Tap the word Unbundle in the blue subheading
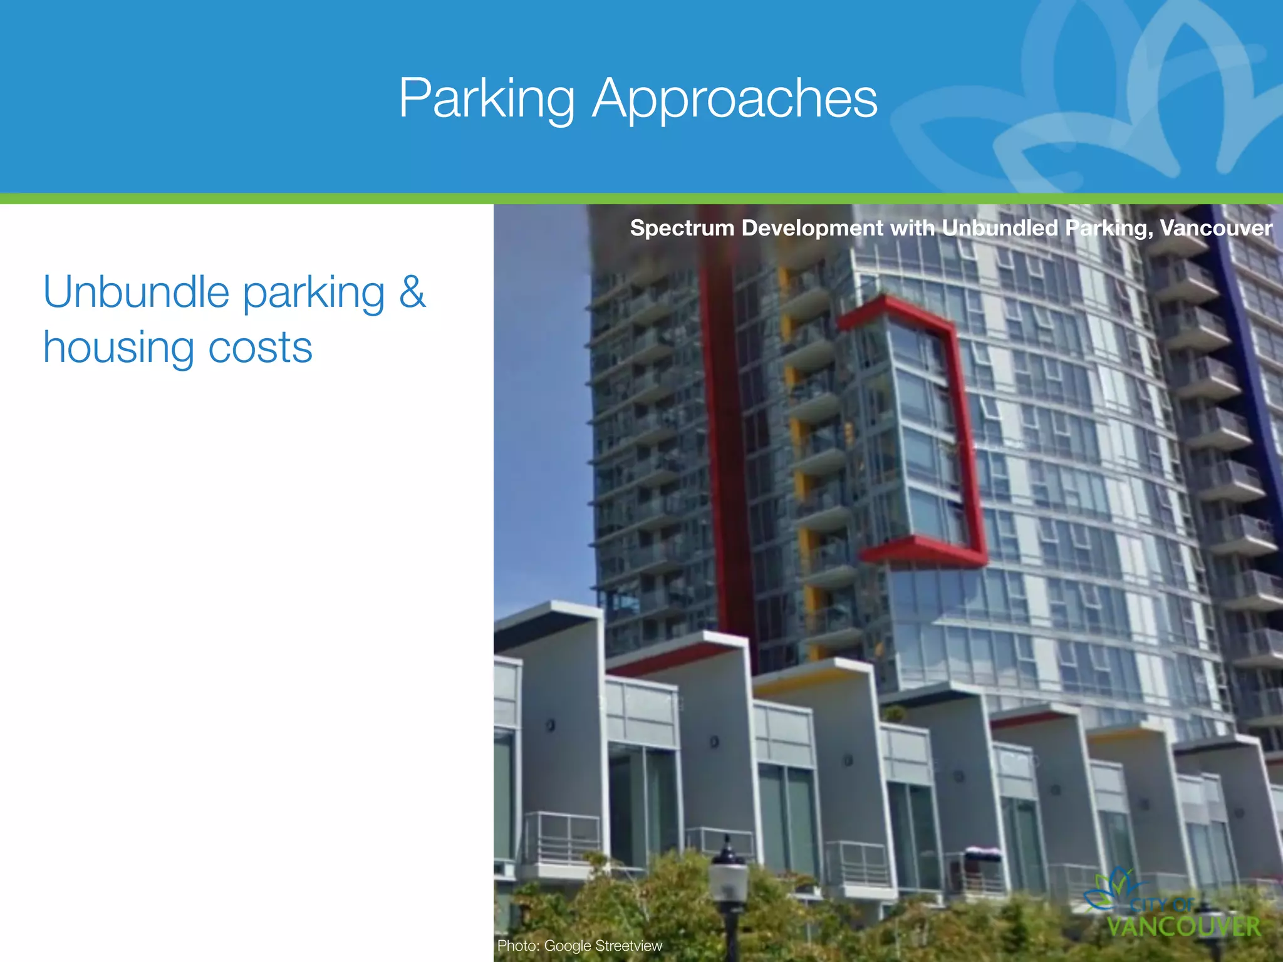pos(136,292)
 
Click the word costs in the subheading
pos(260,348)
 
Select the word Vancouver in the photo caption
pos(1216,227)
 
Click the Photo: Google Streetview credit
pos(579,946)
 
